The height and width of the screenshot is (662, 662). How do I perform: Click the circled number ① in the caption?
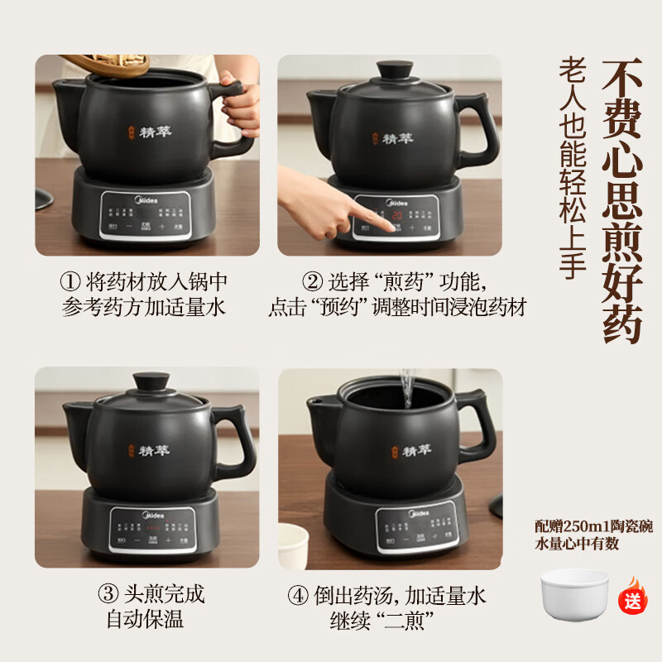[70, 281]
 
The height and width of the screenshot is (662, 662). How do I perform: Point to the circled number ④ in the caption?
[297, 594]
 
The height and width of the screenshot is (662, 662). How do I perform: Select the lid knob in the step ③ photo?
[151, 383]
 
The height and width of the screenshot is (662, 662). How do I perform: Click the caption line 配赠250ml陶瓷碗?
[593, 528]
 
